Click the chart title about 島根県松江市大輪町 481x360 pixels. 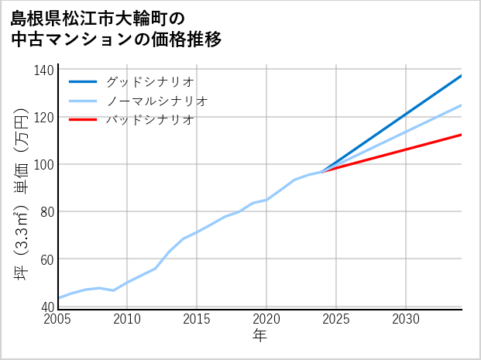pyautogui.click(x=116, y=28)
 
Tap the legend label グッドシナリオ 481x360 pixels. pyautogui.click(x=150, y=81)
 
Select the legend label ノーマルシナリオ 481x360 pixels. pyautogui.click(x=157, y=101)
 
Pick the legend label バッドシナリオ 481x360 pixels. pyautogui.click(x=150, y=120)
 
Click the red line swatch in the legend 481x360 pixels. pyautogui.click(x=83, y=120)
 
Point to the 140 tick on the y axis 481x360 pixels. pyautogui.click(x=45, y=70)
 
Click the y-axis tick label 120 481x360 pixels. pyautogui.click(x=45, y=118)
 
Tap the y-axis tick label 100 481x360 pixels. pyautogui.click(x=45, y=165)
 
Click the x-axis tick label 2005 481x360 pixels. pyautogui.click(x=58, y=319)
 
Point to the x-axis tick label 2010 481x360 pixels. pyautogui.click(x=128, y=319)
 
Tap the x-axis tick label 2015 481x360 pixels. pyautogui.click(x=198, y=319)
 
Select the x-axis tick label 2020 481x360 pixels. pyautogui.click(x=266, y=319)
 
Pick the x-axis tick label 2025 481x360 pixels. pyautogui.click(x=336, y=319)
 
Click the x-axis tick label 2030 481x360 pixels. pyautogui.click(x=406, y=319)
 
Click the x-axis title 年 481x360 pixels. pyautogui.click(x=260, y=336)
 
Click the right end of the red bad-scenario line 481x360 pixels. pyautogui.click(x=461, y=135)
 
